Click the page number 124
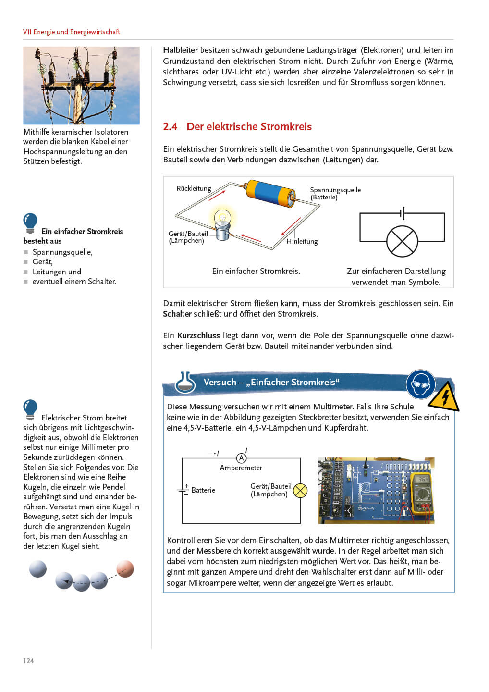pos(28,661)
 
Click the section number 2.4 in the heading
pos(170,127)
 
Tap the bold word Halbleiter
pos(180,50)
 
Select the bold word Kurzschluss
pos(198,335)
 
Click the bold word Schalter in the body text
pos(177,314)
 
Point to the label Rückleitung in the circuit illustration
pos(194,188)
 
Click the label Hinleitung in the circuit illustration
pos(302,241)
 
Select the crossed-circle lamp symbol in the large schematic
pos(402,241)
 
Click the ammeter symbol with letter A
pos(241,458)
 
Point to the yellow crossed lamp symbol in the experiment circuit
pos(300,490)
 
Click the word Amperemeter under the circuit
pos(241,468)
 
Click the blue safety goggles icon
pos(420,384)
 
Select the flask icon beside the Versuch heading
pos(185,383)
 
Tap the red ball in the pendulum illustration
pos(125,568)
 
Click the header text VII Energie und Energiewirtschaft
pos(72,32)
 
